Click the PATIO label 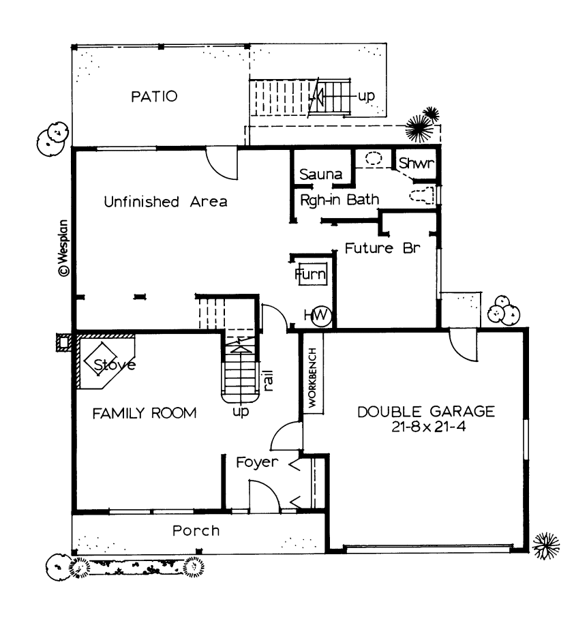[154, 96]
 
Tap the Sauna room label [320, 175]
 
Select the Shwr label [414, 164]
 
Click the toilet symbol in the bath [422, 195]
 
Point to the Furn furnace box [311, 274]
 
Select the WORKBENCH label [312, 378]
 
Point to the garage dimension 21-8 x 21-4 [426, 427]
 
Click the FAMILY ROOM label [145, 413]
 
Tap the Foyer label [257, 462]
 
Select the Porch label [196, 530]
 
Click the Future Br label [378, 247]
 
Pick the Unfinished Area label [165, 202]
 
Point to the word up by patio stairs [367, 95]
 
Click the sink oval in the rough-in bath [373, 159]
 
